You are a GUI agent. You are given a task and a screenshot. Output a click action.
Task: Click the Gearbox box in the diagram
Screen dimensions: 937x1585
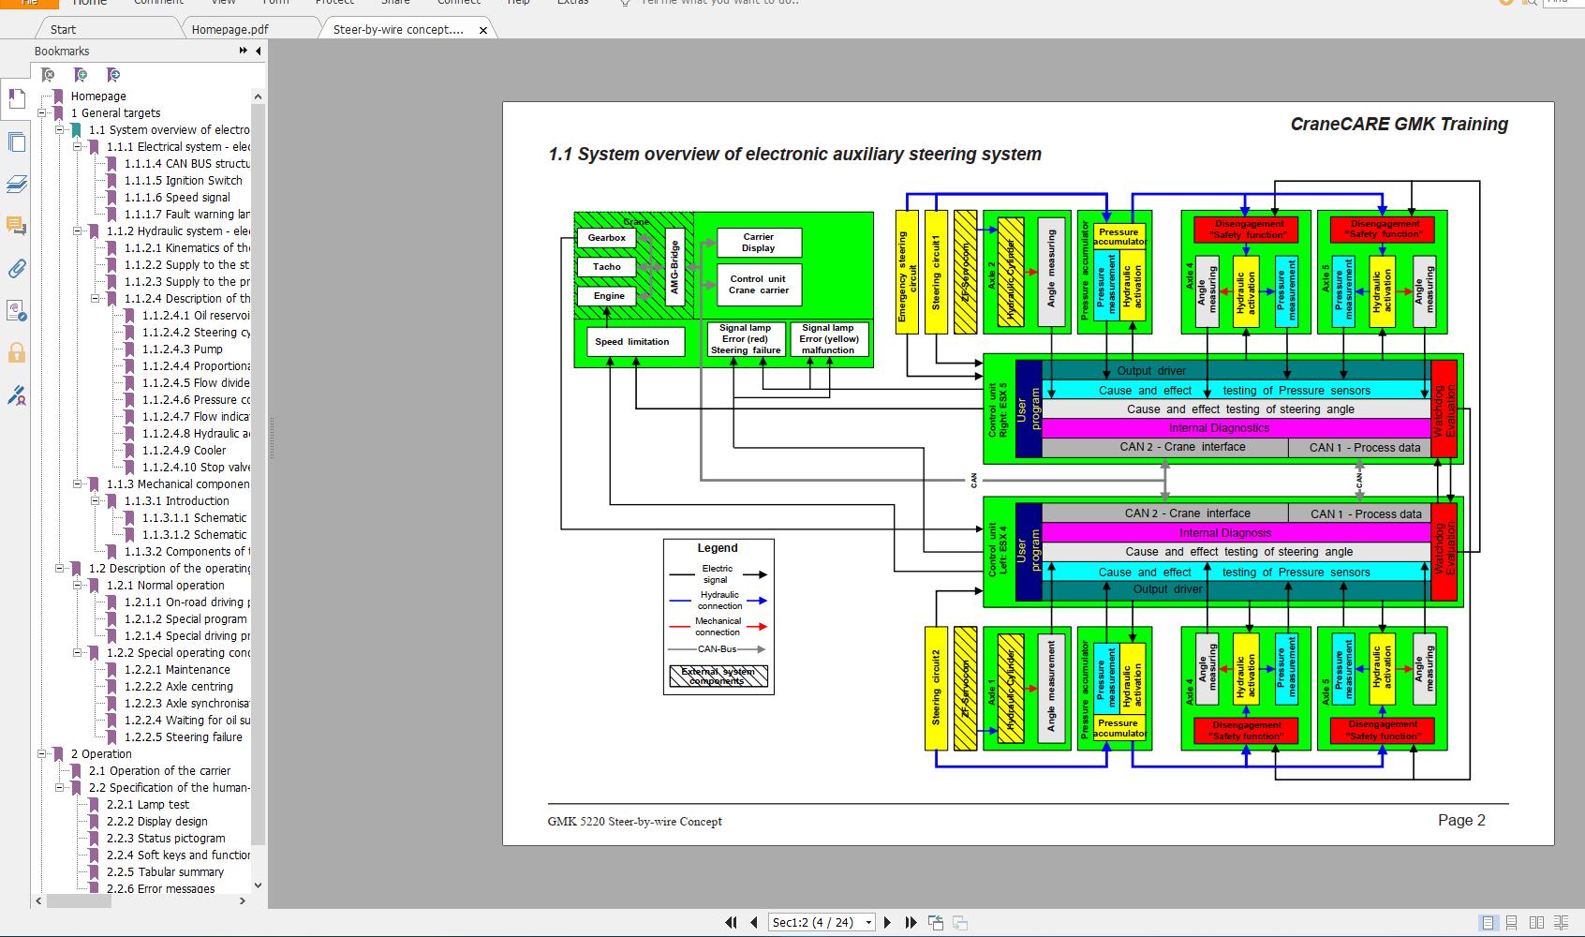tap(606, 238)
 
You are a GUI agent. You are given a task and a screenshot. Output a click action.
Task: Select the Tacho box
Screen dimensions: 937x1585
tap(606, 267)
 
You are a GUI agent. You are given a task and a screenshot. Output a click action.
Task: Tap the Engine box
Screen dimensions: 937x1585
tap(608, 296)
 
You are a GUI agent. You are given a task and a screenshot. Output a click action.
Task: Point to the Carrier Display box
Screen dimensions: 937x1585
tap(758, 243)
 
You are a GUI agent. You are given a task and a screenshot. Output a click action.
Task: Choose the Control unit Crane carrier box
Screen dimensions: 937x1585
tap(758, 285)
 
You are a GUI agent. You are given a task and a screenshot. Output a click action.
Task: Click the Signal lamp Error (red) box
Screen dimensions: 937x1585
tap(745, 339)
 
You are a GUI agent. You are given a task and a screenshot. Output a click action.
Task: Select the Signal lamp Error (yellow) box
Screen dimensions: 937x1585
tap(828, 339)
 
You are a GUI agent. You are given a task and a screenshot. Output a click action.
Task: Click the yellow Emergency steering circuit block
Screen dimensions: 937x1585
tap(907, 272)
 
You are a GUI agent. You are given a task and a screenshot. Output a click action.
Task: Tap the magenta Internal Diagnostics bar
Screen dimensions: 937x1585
tap(1218, 428)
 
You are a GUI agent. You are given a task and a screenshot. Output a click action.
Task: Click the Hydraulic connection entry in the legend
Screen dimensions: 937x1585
tap(718, 601)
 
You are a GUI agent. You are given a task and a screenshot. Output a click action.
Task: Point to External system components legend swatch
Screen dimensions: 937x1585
tap(718, 676)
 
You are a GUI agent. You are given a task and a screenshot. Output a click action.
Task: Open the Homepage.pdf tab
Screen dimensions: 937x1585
tap(230, 29)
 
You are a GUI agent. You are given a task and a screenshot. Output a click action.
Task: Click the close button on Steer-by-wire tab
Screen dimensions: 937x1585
tap(483, 30)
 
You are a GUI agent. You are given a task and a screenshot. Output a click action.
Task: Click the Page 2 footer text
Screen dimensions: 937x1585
tap(1461, 820)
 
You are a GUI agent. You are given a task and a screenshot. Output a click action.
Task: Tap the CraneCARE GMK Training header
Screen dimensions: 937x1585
tap(1399, 124)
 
